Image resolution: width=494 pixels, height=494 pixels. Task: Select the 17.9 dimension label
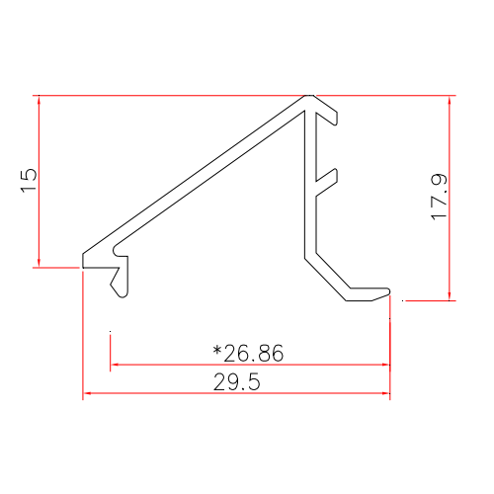[x=440, y=197]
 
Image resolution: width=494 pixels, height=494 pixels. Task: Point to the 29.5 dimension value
[x=237, y=382]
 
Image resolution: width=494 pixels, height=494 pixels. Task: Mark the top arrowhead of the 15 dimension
[x=39, y=100]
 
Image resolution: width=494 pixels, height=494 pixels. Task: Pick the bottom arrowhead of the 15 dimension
[x=39, y=262]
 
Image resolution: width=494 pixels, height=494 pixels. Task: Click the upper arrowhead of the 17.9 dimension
[x=451, y=100]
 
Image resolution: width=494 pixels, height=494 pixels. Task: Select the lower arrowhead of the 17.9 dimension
[x=451, y=293]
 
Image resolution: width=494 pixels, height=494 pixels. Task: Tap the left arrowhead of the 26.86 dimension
[x=115, y=364]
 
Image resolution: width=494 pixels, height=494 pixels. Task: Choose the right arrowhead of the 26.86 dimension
[x=386, y=364]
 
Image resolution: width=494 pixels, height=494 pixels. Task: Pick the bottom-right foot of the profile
[x=370, y=293]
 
